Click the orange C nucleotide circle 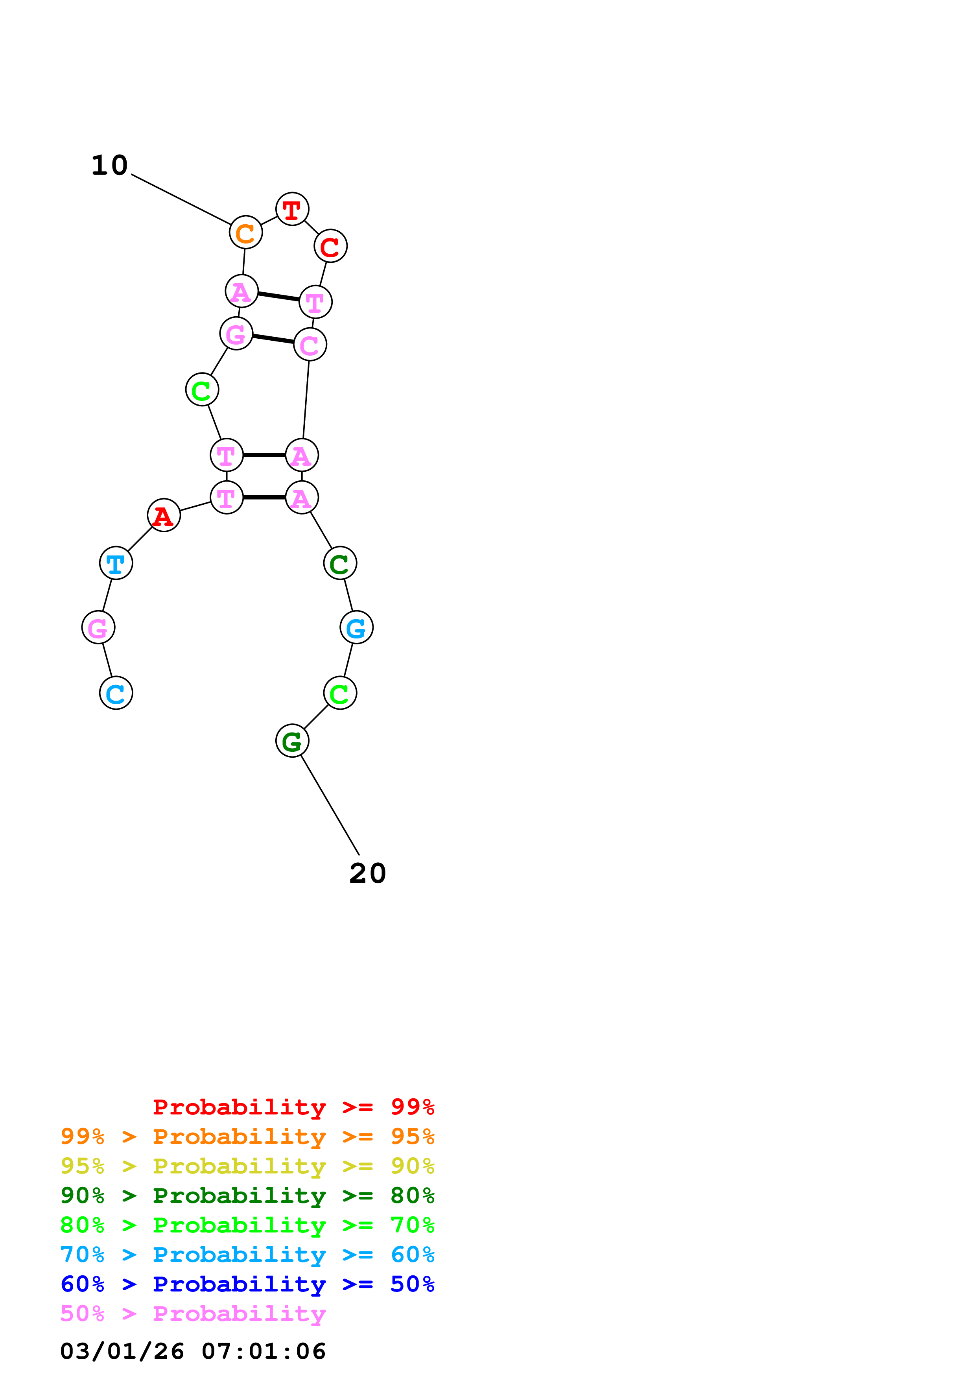(x=246, y=232)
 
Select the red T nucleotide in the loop (x=292, y=209)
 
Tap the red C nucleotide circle (x=330, y=246)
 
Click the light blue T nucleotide (x=116, y=563)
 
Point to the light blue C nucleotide (x=116, y=693)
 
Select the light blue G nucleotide (x=356, y=627)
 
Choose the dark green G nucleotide (x=292, y=741)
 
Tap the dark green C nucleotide (x=340, y=563)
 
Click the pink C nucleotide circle (x=310, y=344)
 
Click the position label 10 (x=109, y=165)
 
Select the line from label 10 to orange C (x=180, y=199)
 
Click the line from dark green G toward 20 (x=330, y=805)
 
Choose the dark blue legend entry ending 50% (x=247, y=1284)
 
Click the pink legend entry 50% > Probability (x=193, y=1313)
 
